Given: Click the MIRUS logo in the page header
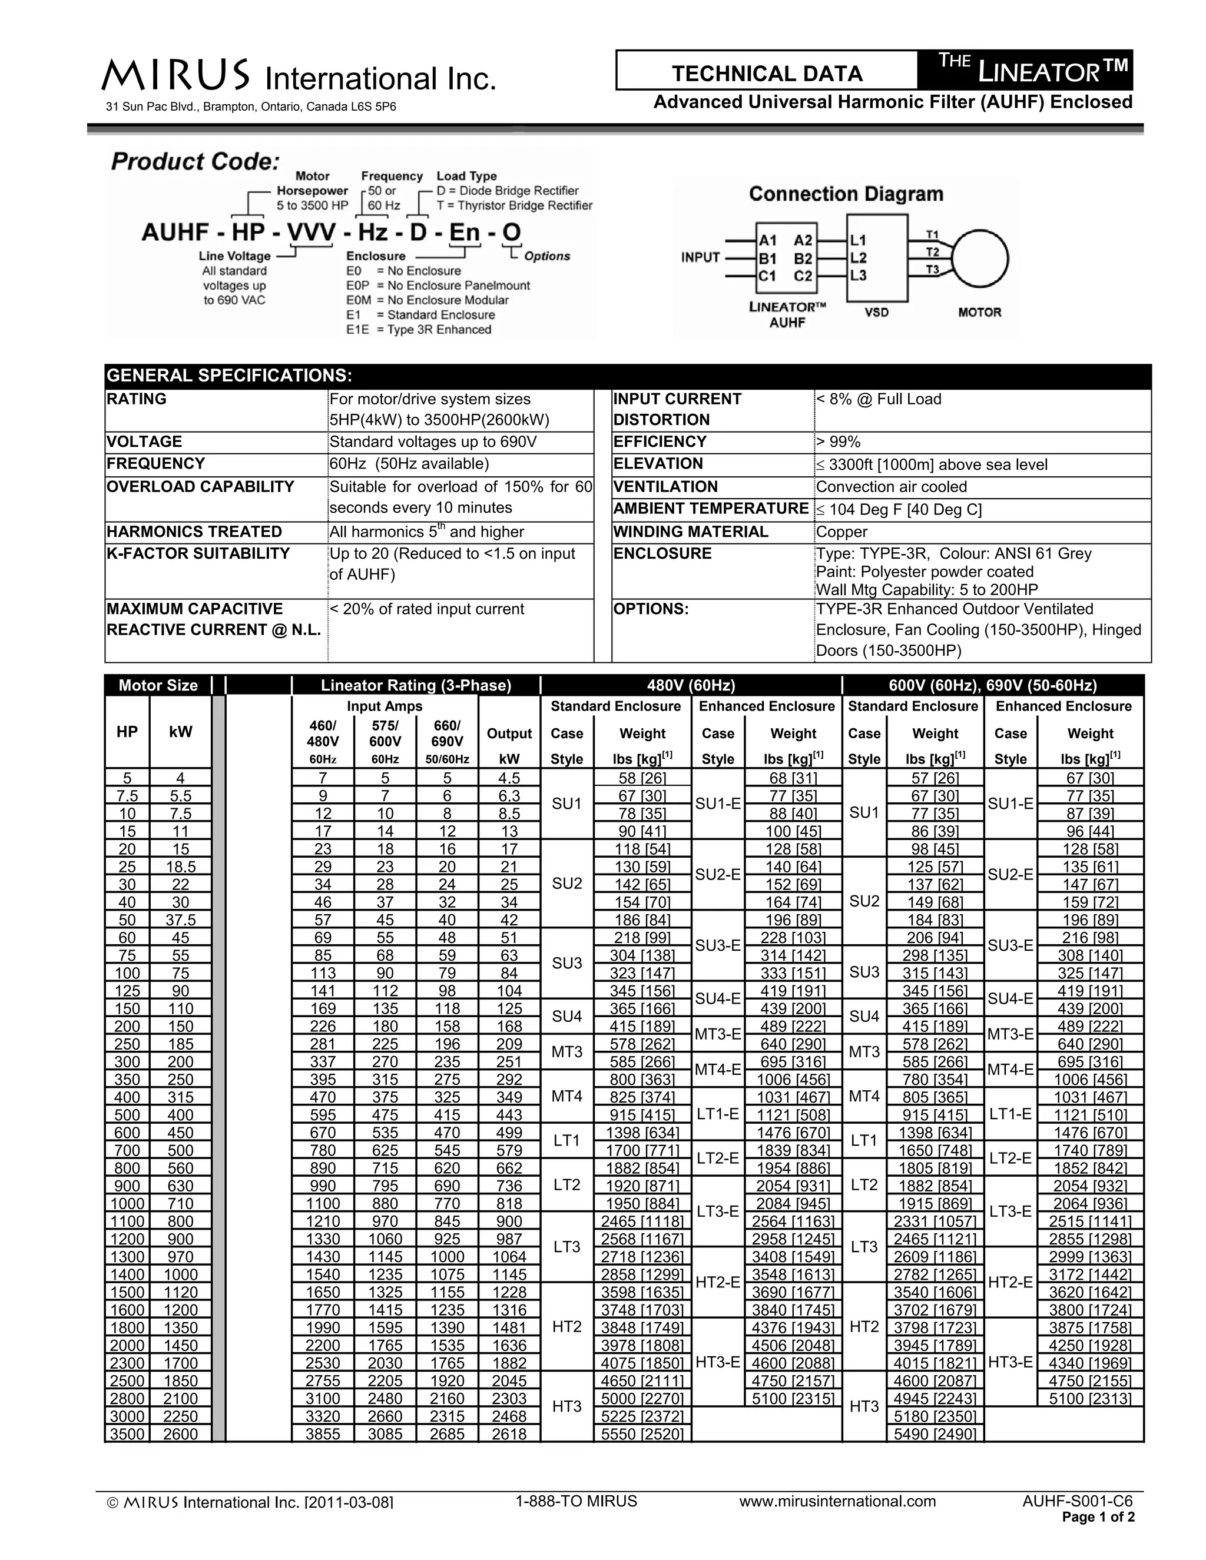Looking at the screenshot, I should [175, 75].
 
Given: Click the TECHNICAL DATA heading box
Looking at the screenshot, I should [767, 73].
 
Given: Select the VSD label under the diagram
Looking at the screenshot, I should [877, 312].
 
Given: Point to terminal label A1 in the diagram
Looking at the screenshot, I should [767, 240].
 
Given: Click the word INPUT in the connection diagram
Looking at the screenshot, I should [700, 257].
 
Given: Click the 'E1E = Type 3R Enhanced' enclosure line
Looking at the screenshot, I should [419, 329].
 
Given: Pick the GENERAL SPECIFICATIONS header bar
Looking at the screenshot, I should [627, 376].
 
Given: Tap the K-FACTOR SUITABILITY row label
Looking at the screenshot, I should [198, 553].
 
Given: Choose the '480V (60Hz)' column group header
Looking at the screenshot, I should [690, 685].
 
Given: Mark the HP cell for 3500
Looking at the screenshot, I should [127, 1433].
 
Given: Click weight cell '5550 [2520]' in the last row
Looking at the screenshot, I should [642, 1433].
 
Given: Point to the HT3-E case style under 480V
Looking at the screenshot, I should [717, 1362].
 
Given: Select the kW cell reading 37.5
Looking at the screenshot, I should [180, 920].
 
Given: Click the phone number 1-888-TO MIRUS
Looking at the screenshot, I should [576, 1501].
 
